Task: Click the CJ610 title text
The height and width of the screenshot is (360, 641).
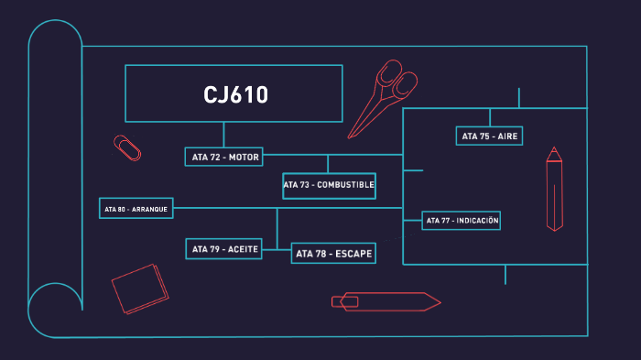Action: [235, 94]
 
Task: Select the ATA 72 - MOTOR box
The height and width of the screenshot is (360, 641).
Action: [224, 157]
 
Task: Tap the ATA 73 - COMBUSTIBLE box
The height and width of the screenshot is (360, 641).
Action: [329, 185]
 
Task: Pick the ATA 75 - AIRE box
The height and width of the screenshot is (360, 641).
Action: [489, 136]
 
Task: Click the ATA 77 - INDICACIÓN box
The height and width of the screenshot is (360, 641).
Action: [462, 221]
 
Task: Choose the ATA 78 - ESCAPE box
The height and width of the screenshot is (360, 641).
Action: [333, 254]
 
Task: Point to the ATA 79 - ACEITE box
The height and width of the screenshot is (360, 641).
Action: [223, 248]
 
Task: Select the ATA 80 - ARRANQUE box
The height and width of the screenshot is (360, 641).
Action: [136, 209]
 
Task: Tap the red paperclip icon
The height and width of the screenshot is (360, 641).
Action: [127, 147]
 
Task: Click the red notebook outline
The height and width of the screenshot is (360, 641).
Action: [140, 289]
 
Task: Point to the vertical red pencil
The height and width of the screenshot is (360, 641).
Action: [554, 190]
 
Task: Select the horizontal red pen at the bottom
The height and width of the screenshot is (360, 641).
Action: [386, 301]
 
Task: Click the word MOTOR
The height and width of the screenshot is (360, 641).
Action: [244, 157]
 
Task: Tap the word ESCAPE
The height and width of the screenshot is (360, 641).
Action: [353, 254]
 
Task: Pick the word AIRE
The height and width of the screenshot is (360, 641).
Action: [507, 136]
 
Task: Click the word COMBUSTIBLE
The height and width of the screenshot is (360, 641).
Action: [345, 185]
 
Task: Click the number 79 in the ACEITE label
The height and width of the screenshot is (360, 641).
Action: [215, 248]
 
